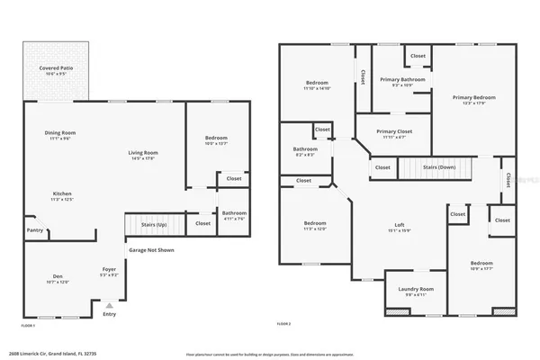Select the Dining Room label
[60, 136]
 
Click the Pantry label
[34, 230]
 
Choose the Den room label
[56, 278]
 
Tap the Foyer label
[108, 271]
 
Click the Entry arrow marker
[109, 305]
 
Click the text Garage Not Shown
[151, 250]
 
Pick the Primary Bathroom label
[401, 82]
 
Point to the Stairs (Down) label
[438, 166]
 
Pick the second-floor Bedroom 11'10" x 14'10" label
[317, 86]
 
